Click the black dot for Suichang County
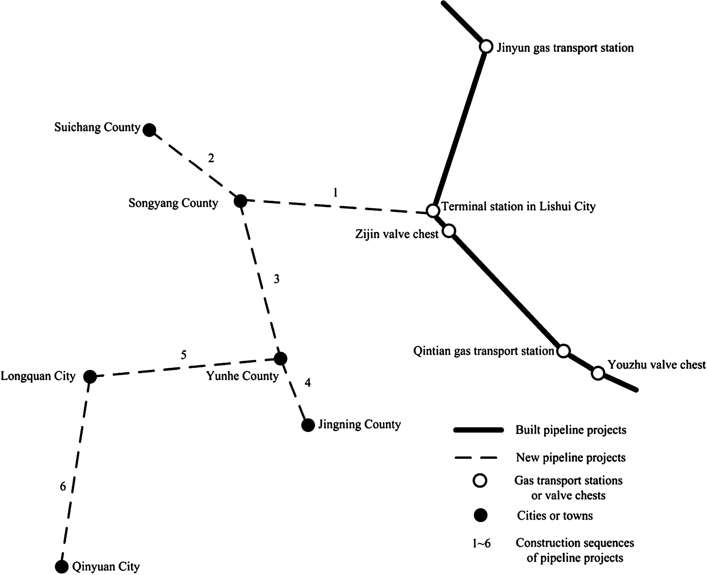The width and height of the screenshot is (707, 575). click(149, 130)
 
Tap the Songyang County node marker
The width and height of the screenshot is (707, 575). click(241, 200)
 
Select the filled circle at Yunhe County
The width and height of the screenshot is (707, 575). click(280, 359)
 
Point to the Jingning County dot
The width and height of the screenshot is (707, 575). click(308, 425)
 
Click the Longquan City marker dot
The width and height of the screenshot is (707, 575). click(90, 376)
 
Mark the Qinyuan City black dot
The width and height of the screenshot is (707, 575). click(62, 566)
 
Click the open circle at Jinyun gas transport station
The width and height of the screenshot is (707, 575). click(486, 46)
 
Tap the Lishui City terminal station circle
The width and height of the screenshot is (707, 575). click(433, 210)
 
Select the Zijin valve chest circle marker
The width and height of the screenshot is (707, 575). click(449, 231)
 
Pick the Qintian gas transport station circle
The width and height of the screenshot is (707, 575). click(563, 351)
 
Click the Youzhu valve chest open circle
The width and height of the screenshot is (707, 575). click(598, 373)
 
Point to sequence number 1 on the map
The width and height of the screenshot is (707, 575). click(335, 193)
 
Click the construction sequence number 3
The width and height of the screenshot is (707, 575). click(276, 279)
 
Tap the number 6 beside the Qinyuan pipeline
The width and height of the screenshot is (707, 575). click(63, 486)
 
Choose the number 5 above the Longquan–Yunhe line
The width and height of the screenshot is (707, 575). click(184, 355)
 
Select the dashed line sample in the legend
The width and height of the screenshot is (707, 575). click(476, 458)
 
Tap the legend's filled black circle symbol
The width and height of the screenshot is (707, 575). click(480, 515)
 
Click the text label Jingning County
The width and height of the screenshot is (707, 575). click(359, 424)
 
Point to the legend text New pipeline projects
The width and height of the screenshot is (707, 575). click(571, 458)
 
